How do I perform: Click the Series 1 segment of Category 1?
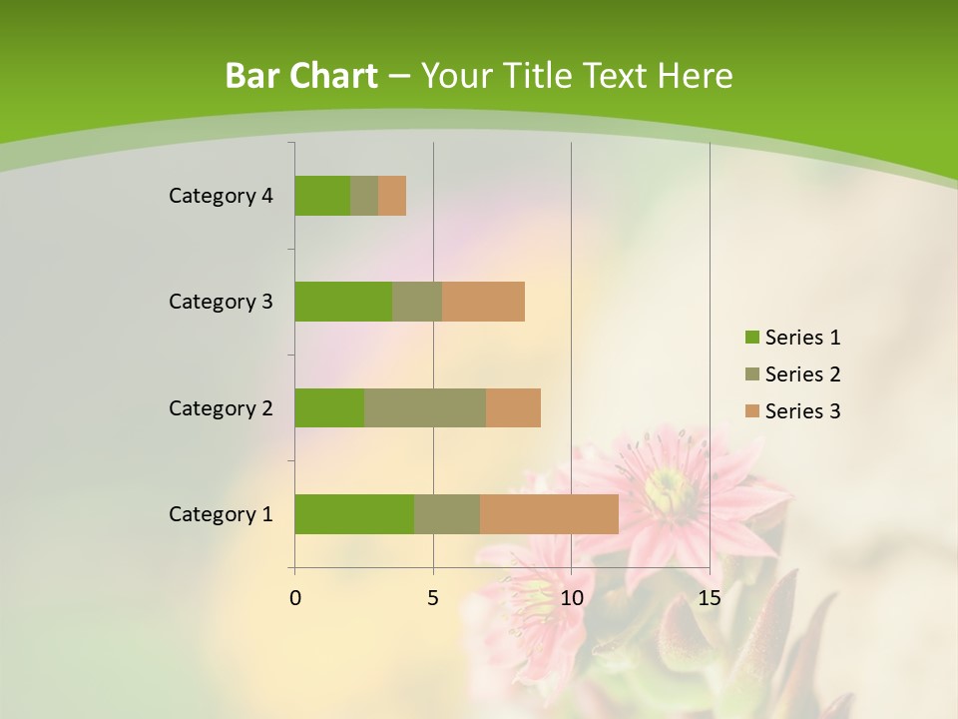pyautogui.click(x=354, y=514)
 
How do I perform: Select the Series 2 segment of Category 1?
pyautogui.click(x=447, y=514)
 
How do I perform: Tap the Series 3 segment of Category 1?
pyautogui.click(x=549, y=514)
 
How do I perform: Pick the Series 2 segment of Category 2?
pyautogui.click(x=425, y=407)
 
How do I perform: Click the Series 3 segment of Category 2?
pyautogui.click(x=513, y=407)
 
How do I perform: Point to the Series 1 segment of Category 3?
pyautogui.click(x=343, y=302)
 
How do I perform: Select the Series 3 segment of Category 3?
pyautogui.click(x=483, y=302)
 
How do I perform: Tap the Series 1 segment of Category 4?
pyautogui.click(x=322, y=196)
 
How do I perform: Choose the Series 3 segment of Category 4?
pyautogui.click(x=392, y=196)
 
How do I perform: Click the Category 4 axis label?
pyautogui.click(x=221, y=196)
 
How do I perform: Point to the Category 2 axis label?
pyautogui.click(x=221, y=407)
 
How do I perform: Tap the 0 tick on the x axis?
pyautogui.click(x=295, y=598)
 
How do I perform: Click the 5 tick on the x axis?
pyautogui.click(x=433, y=598)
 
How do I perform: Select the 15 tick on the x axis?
pyautogui.click(x=709, y=598)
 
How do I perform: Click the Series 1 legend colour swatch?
pyautogui.click(x=751, y=338)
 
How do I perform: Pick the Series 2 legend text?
pyautogui.click(x=802, y=374)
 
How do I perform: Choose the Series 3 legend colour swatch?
pyautogui.click(x=751, y=411)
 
